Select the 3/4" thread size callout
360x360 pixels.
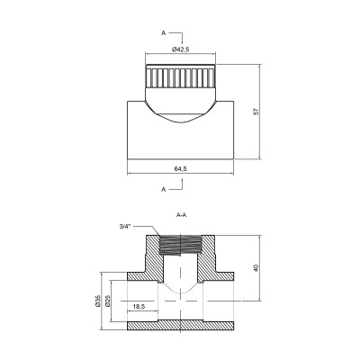pos(123,226)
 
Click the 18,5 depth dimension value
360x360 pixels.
pos(139,308)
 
